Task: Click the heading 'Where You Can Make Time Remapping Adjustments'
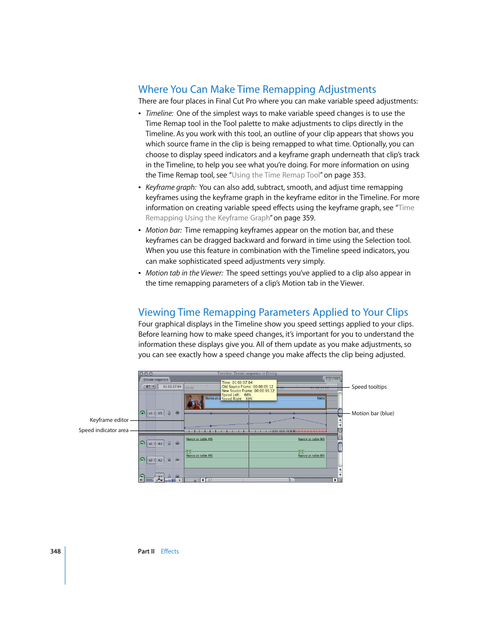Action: pos(257,89)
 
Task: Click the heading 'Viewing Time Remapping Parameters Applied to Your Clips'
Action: pos(273,312)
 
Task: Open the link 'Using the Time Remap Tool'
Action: pos(276,175)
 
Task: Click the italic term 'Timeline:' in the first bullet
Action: pos(159,113)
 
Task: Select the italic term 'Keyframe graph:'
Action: pos(171,187)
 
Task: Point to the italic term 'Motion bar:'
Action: pos(163,230)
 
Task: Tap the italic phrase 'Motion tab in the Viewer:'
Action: pos(184,273)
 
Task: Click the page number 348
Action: pos(55,551)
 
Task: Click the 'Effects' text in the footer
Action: pos(169,551)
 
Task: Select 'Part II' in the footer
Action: pos(146,551)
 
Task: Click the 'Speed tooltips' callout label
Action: pos(369,387)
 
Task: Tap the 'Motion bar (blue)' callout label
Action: pos(372,413)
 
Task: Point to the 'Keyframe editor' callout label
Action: pos(109,420)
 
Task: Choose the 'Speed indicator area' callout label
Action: pos(103,430)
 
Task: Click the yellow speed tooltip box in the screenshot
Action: pos(249,390)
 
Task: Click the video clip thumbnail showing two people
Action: pos(194,402)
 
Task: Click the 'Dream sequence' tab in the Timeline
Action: pos(156,380)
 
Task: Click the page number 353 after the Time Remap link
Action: pos(358,175)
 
